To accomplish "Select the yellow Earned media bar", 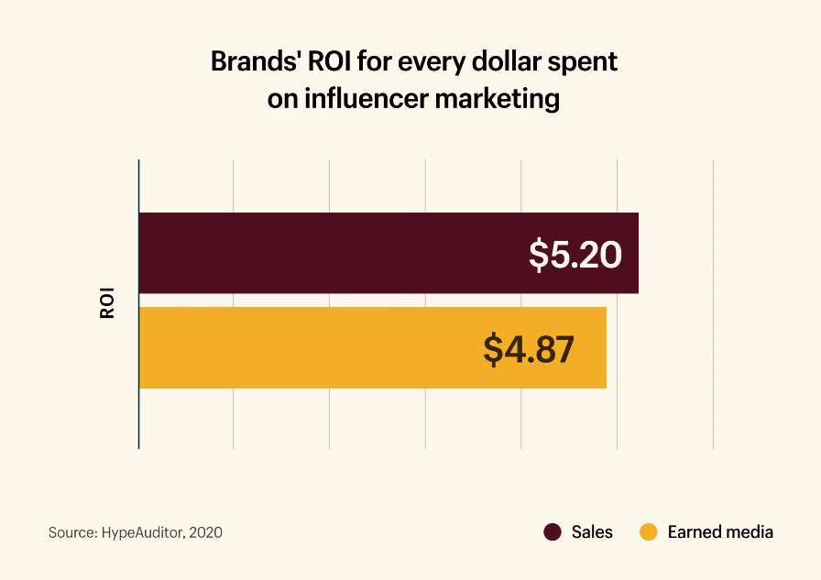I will point(302,347).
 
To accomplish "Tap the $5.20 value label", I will point(575,254).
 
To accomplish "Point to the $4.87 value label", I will point(529,348).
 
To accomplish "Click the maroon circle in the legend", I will point(552,532).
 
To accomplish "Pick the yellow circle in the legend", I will point(649,532).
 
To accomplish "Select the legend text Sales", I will point(592,532).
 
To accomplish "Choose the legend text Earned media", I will point(720,532).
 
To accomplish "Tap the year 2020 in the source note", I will point(206,532).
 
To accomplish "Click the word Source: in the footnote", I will point(72,532).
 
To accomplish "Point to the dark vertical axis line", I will point(138,421).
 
